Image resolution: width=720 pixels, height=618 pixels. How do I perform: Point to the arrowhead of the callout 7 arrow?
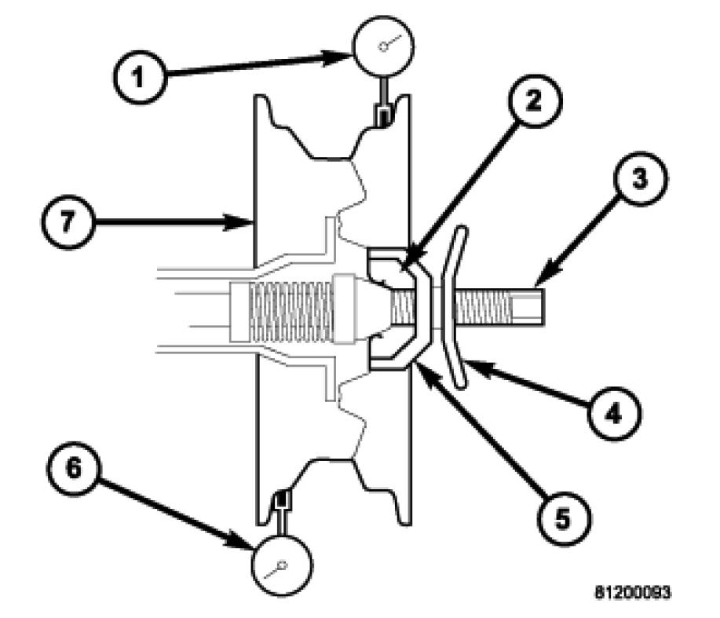click(x=247, y=224)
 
